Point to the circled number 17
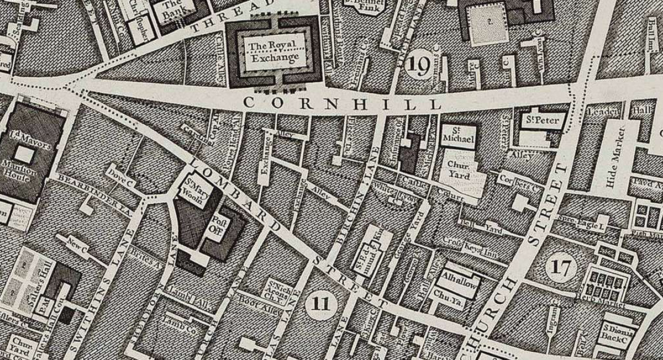561,268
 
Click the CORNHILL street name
343,103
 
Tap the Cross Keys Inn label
470,245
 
